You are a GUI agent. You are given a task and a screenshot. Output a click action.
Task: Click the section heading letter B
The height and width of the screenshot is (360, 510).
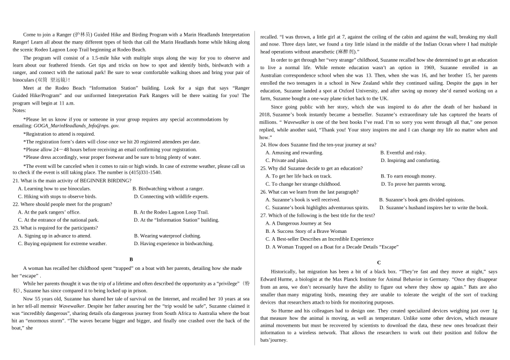pyautogui.click(x=131, y=259)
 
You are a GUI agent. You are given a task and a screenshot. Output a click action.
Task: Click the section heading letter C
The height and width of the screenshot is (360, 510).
pyautogui.click(x=379, y=262)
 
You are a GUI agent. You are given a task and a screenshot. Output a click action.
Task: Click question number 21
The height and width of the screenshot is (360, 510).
pyautogui.click(x=16, y=181)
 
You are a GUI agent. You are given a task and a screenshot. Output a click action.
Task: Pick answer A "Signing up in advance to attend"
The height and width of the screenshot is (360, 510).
pyautogui.click(x=54, y=236)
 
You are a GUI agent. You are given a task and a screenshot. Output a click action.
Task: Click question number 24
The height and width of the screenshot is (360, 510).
pyautogui.click(x=264, y=145)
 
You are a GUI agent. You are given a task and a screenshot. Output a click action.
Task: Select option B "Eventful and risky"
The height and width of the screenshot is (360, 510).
pyautogui.click(x=403, y=152)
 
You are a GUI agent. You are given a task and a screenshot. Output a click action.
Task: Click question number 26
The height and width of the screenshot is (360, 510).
pyautogui.click(x=264, y=192)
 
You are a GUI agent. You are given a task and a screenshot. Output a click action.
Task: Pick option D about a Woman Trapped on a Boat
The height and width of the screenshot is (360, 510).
pyautogui.click(x=331, y=247)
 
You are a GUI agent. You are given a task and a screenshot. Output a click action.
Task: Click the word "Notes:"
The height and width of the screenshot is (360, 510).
pyautogui.click(x=19, y=110)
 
